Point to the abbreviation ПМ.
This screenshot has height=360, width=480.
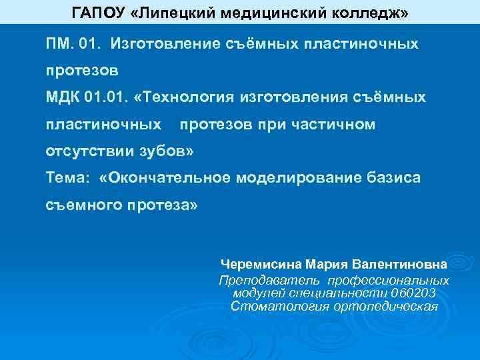[x=57, y=44]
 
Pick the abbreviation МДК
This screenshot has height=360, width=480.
[x=62, y=98]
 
